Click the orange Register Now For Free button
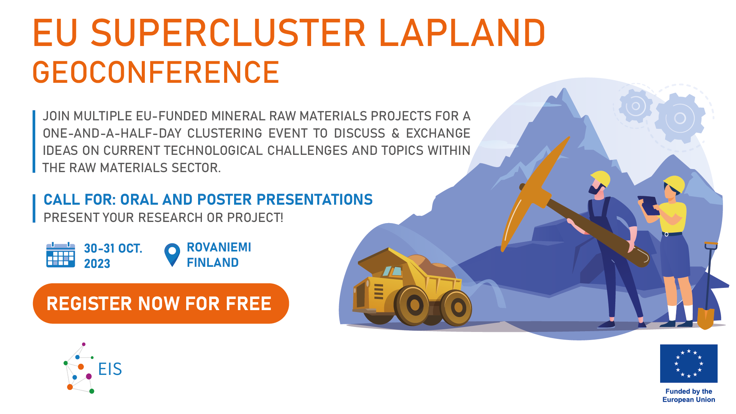pyautogui.click(x=161, y=304)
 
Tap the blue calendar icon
pyautogui.click(x=61, y=255)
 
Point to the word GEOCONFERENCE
pyautogui.click(x=156, y=72)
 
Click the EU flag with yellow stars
pyautogui.click(x=688, y=363)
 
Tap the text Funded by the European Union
pyautogui.click(x=688, y=396)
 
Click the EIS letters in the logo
pyautogui.click(x=110, y=369)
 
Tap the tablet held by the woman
pyautogui.click(x=648, y=205)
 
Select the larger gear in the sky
pyautogui.click(x=680, y=118)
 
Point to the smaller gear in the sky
pyautogui.click(x=636, y=106)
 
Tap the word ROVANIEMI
pyautogui.click(x=219, y=247)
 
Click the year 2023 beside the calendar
pyautogui.click(x=97, y=264)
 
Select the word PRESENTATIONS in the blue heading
pyautogui.click(x=315, y=199)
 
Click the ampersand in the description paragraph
pyautogui.click(x=395, y=133)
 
